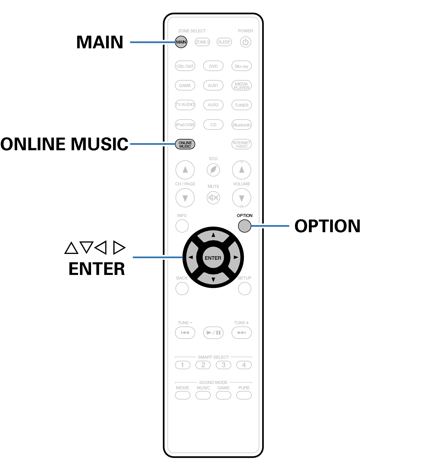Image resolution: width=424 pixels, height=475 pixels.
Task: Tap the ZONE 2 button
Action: (x=202, y=42)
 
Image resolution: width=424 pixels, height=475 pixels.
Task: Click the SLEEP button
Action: (x=224, y=42)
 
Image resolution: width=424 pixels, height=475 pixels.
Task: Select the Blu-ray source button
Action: (x=242, y=66)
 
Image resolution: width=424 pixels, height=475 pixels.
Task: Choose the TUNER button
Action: (x=242, y=105)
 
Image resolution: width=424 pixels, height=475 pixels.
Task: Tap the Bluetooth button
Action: (x=242, y=125)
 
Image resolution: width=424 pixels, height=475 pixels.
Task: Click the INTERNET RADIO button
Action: (x=242, y=144)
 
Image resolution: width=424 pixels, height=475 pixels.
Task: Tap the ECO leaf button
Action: (x=213, y=170)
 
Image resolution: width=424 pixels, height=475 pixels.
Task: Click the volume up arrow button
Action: (x=242, y=170)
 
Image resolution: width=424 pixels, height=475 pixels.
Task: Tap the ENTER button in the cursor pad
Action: (x=213, y=257)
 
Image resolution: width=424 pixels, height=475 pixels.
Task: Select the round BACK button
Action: (x=182, y=288)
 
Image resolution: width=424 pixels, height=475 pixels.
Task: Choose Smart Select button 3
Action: (x=224, y=365)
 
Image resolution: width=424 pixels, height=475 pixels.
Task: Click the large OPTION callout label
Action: (x=328, y=226)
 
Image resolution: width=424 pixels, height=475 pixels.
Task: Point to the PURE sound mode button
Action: (x=244, y=395)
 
